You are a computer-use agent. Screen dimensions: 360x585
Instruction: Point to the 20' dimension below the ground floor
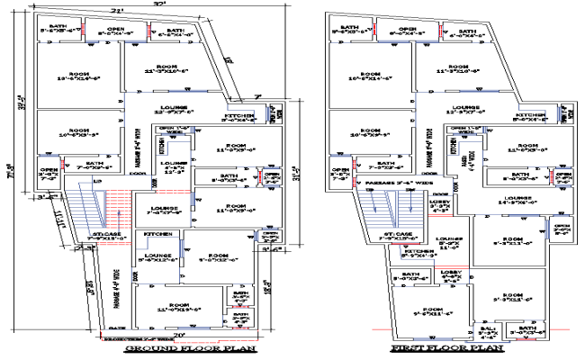[179, 335]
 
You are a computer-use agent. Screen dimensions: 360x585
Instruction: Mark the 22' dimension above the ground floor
[117, 11]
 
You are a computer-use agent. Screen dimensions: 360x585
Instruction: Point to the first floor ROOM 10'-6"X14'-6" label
[369, 76]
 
